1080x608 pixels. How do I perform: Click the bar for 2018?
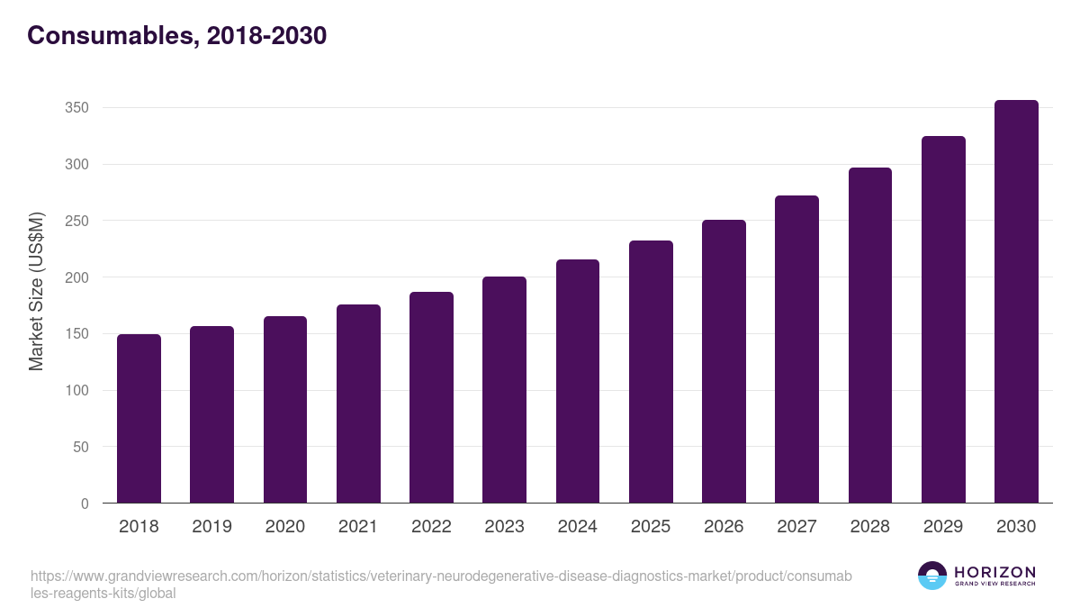139,419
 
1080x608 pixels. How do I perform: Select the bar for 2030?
1016,302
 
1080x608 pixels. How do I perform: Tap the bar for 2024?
578,381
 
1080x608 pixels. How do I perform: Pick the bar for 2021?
358,404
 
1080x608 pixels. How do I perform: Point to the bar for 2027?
796,349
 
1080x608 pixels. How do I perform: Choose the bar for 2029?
943,320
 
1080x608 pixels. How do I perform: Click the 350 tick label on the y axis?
76,108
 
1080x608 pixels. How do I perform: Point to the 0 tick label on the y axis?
85,504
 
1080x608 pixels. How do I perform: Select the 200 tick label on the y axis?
76,277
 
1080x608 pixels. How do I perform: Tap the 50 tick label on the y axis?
80,447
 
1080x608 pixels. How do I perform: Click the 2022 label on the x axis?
431,527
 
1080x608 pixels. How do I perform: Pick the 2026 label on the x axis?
724,527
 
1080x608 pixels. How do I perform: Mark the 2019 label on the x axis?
211,527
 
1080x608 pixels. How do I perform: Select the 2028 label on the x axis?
870,527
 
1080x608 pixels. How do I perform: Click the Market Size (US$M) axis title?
37,292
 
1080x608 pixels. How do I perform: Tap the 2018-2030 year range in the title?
265,36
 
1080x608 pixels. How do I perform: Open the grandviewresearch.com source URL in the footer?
441,585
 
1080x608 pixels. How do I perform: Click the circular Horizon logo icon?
932,576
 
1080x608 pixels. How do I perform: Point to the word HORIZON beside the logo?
994,572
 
